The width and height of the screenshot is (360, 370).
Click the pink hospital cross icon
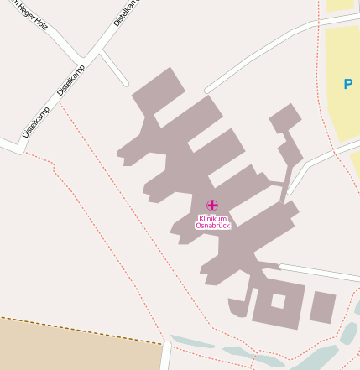point(212,206)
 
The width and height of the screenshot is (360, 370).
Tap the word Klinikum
point(212,219)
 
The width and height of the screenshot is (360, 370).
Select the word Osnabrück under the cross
point(212,226)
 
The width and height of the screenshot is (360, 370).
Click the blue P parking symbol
point(347,84)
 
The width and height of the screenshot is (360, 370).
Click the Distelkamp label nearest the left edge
point(35,122)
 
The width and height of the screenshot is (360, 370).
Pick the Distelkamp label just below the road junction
point(71,80)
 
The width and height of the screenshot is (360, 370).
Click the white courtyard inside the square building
point(278,301)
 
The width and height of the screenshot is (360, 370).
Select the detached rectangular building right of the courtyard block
point(322,307)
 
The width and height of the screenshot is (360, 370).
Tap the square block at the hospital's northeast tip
point(285,117)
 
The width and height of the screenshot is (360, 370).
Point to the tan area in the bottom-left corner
point(76,348)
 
